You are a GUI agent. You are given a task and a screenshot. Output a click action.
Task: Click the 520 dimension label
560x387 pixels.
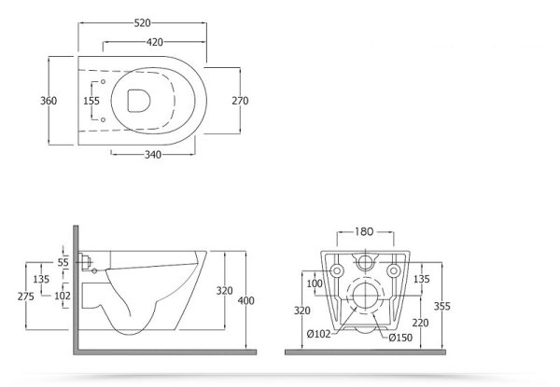pyautogui.click(x=142, y=23)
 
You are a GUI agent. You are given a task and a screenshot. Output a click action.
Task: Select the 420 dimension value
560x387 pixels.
pyautogui.click(x=155, y=42)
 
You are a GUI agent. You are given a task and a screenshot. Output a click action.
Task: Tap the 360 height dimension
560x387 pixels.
pyautogui.click(x=49, y=101)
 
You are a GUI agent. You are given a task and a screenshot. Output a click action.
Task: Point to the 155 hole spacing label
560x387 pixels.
pyautogui.click(x=91, y=101)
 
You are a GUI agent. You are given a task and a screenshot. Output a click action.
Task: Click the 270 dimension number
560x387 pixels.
pyautogui.click(x=240, y=101)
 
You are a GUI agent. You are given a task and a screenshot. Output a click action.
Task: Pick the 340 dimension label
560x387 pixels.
pyautogui.click(x=153, y=155)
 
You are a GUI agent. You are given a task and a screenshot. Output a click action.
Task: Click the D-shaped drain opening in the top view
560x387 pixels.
pyautogui.click(x=138, y=100)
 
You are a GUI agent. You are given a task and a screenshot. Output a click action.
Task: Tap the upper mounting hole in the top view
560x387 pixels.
pyautogui.click(x=103, y=82)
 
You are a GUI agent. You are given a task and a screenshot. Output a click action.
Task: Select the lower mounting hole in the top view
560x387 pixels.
pyautogui.click(x=103, y=120)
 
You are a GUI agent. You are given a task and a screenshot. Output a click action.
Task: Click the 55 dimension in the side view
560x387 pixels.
pyautogui.click(x=63, y=263)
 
